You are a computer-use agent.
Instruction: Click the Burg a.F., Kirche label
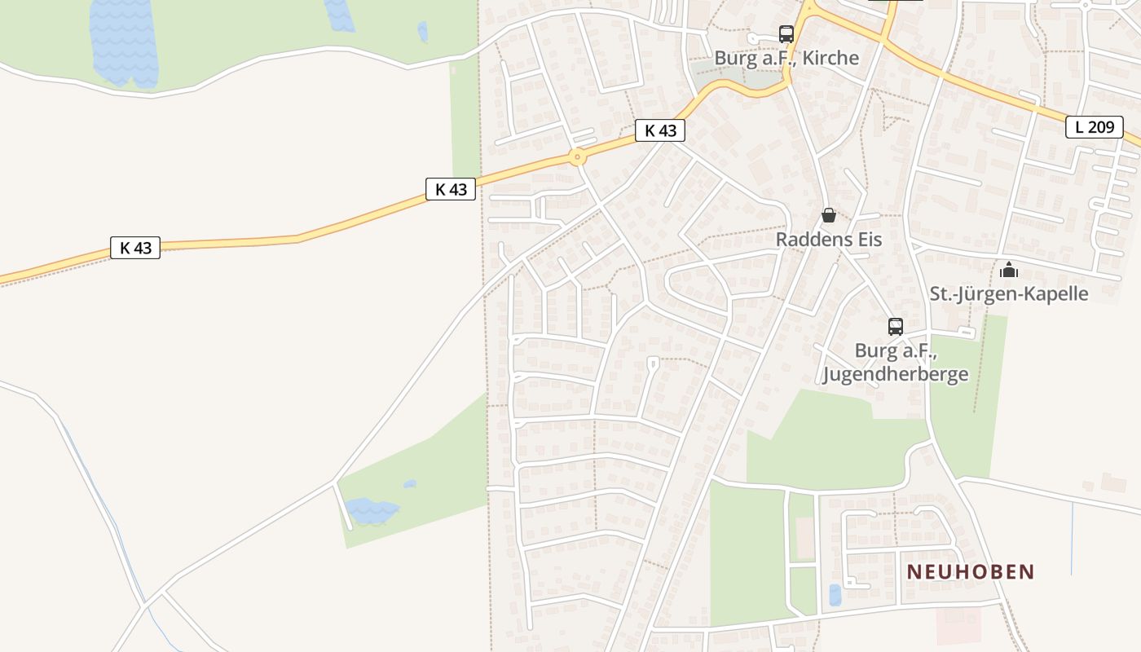click(786, 58)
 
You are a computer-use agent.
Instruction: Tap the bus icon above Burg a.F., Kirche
click(786, 34)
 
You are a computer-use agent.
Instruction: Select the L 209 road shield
click(1094, 126)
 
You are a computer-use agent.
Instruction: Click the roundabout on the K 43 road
click(577, 156)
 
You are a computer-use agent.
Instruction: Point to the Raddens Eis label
click(828, 240)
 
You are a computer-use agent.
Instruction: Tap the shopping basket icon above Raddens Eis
click(828, 216)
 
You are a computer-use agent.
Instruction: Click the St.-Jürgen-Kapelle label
click(1009, 293)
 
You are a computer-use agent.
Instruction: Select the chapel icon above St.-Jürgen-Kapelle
click(1009, 270)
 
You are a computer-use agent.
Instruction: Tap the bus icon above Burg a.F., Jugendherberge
click(896, 327)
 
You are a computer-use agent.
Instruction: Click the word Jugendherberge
click(896, 374)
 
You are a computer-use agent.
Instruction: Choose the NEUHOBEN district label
click(971, 571)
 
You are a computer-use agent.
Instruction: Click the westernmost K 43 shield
click(135, 248)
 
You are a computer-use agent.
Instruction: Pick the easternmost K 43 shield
click(660, 130)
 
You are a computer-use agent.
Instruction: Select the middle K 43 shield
click(451, 189)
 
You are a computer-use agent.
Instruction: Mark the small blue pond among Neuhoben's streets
click(835, 595)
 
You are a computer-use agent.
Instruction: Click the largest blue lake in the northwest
click(123, 41)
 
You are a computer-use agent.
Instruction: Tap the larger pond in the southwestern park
click(371, 511)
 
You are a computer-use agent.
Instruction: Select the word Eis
click(866, 240)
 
